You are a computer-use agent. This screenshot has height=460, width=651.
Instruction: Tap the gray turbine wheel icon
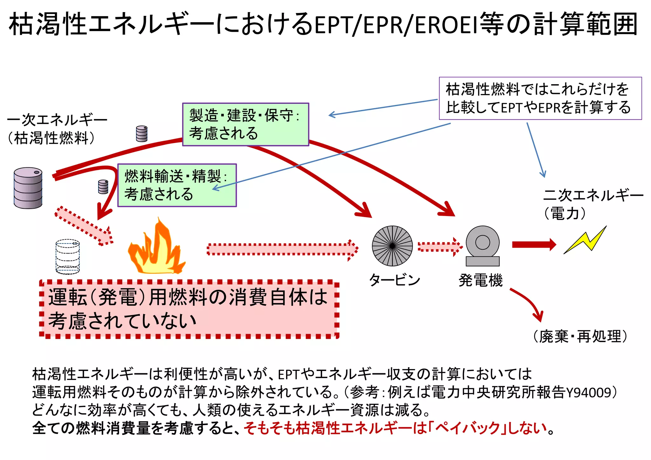pos(392,246)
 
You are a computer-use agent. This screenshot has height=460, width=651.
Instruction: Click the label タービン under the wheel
pos(394,280)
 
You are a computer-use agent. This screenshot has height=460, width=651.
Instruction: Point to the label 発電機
pos(480,281)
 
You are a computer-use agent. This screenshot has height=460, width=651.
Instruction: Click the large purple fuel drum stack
pos(28,188)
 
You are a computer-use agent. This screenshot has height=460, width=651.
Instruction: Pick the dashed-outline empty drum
pos(67,257)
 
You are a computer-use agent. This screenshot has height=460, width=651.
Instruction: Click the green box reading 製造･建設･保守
pos(245,125)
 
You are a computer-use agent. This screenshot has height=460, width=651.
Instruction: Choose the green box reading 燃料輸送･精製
pos(177,186)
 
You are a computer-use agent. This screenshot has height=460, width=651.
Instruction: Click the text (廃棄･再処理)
pos(580,336)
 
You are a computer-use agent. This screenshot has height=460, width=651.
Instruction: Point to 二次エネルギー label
pos(593,195)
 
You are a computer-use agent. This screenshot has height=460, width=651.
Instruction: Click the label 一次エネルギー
pos(57,120)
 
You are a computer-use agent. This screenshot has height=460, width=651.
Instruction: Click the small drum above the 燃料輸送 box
pos(141,133)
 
